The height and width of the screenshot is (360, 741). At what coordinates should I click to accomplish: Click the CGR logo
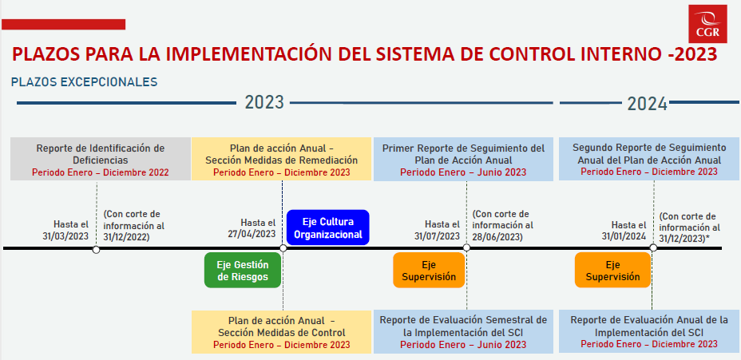(707, 24)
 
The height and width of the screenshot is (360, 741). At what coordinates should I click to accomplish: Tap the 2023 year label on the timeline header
(264, 102)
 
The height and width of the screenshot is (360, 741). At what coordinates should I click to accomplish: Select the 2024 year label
(647, 104)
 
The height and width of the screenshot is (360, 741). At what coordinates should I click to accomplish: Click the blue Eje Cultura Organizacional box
(328, 227)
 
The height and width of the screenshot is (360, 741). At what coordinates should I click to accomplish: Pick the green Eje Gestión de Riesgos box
(243, 271)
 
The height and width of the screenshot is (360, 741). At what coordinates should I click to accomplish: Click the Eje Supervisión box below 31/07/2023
(429, 271)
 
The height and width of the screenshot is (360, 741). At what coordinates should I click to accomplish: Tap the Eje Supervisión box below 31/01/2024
(612, 271)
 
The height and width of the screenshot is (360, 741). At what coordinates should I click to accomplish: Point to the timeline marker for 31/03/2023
(96, 249)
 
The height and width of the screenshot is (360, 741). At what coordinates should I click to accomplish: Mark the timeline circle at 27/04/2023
(283, 248)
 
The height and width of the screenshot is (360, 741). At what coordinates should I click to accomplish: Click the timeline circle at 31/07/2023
(466, 247)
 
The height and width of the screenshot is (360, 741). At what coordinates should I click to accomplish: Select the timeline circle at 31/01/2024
(653, 247)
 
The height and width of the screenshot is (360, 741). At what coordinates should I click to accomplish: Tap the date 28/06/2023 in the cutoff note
(496, 237)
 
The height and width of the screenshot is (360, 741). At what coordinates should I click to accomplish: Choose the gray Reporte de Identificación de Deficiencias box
(101, 159)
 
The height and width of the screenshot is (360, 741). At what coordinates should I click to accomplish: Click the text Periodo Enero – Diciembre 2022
(100, 172)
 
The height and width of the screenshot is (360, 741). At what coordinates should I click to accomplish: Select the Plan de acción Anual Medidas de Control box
(282, 332)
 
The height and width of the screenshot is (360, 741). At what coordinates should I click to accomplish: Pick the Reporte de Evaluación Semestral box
(463, 332)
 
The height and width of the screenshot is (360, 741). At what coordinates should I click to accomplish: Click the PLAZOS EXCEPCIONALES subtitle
(84, 82)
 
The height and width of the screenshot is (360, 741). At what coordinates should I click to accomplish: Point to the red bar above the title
(63, 24)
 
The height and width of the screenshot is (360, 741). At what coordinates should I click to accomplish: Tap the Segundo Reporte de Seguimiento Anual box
(649, 159)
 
